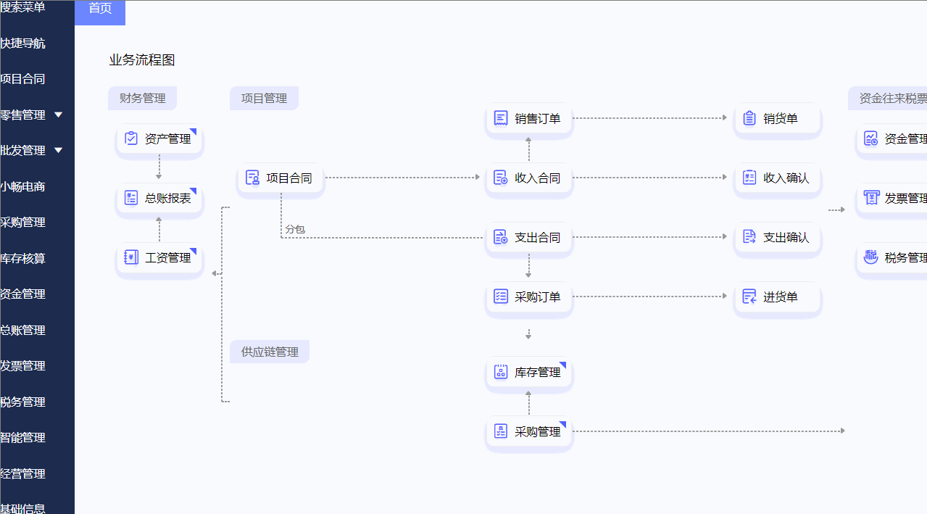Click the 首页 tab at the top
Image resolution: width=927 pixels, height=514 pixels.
(x=100, y=9)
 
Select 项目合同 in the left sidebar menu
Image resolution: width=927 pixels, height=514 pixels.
(x=23, y=79)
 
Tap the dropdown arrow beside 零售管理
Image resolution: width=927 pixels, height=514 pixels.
(x=59, y=115)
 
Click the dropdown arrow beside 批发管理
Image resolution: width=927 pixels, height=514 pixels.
(x=59, y=150)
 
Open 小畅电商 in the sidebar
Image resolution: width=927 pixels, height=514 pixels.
(x=23, y=186)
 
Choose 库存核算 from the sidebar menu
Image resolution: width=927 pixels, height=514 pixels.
(x=23, y=258)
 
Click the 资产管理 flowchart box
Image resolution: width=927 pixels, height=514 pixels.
(x=159, y=138)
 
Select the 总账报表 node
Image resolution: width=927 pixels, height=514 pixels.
(x=159, y=198)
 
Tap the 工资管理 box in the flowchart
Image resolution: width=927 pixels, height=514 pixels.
(x=159, y=257)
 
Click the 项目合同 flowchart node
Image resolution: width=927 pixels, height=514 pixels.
(x=280, y=178)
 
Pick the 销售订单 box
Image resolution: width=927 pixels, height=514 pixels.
(x=529, y=118)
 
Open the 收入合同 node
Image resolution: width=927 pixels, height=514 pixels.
(x=529, y=178)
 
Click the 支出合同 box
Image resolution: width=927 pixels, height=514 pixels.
(x=529, y=237)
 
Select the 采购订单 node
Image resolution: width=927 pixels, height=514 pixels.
(x=529, y=297)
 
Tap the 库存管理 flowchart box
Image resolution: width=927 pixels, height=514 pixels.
(x=529, y=372)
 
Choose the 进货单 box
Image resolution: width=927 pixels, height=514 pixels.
(x=778, y=297)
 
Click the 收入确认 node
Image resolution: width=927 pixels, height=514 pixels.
(x=778, y=178)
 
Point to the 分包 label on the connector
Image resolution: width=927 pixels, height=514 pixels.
(x=295, y=229)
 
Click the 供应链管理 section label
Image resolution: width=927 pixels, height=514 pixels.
(x=270, y=352)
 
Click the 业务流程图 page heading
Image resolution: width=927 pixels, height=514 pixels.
(x=142, y=60)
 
